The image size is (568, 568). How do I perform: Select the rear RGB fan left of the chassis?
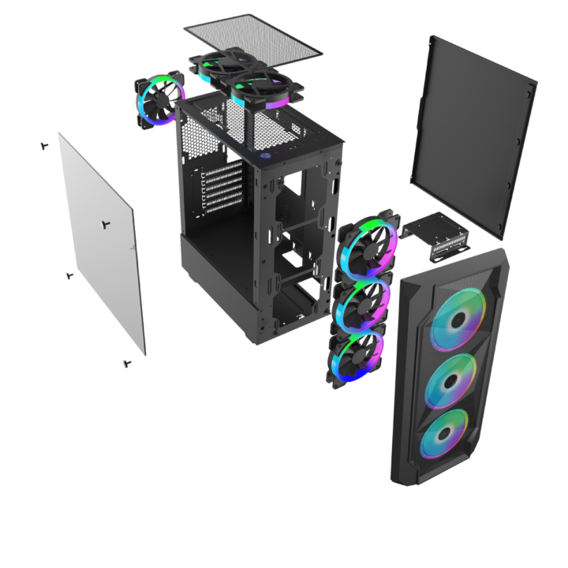coord(160,101)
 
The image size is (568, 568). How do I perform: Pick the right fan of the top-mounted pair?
coord(260,90)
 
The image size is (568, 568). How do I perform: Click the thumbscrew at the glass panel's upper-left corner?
coord(43,146)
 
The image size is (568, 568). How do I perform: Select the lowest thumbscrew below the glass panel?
coord(127,364)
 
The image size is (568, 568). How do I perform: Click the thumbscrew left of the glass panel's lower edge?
coord(69,276)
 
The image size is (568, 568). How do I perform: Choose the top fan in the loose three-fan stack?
coord(368,240)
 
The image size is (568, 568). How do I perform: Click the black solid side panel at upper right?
coord(473,134)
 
